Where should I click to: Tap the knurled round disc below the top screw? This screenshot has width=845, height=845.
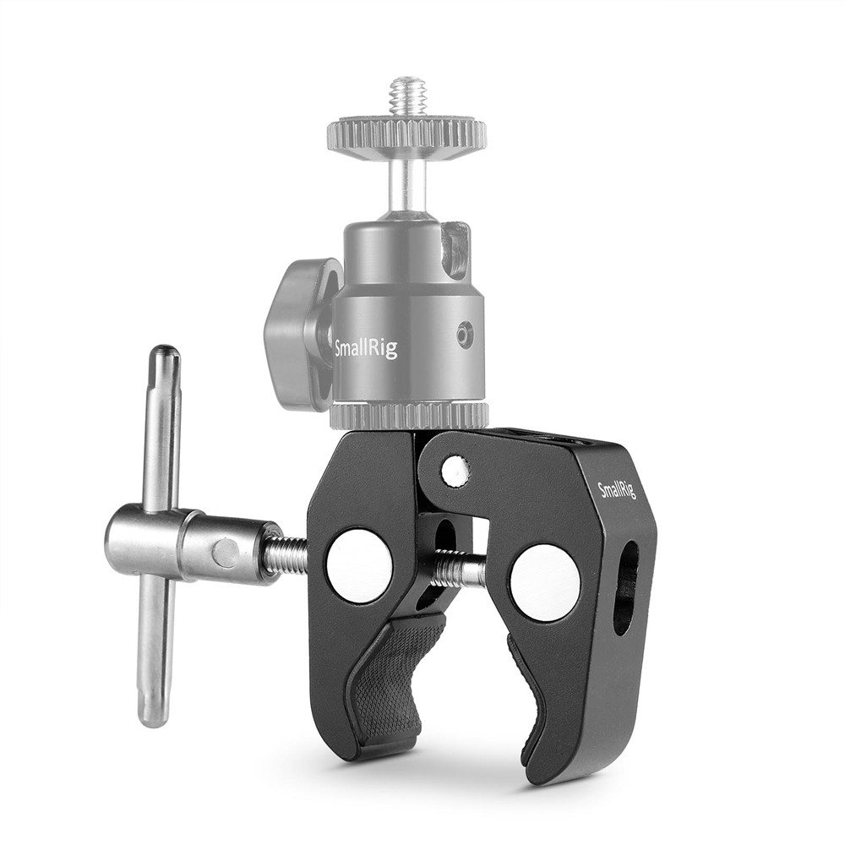(x=406, y=134)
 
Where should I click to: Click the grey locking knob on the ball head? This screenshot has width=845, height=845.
(x=296, y=335)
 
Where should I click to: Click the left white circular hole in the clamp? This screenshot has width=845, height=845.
(x=359, y=565)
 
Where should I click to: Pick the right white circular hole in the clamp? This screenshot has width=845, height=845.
(x=545, y=582)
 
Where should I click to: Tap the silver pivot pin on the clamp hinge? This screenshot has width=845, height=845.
(x=457, y=470)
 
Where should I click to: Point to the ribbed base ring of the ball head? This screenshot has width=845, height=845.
(x=409, y=416)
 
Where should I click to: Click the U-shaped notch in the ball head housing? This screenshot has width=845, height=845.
(x=455, y=250)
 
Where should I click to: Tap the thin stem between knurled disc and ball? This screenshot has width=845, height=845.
(x=406, y=182)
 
